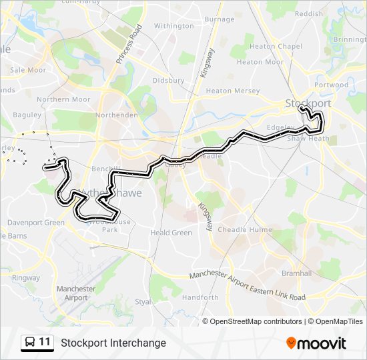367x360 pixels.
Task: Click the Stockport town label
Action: (x=308, y=103)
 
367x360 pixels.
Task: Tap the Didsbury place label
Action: (x=168, y=80)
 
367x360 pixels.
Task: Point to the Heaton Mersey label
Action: (x=232, y=91)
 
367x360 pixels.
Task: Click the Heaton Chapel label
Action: (x=276, y=47)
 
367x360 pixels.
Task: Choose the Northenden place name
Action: (x=116, y=115)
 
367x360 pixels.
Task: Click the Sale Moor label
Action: (x=28, y=69)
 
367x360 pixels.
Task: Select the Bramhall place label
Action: (x=296, y=273)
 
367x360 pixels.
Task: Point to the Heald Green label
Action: (x=171, y=233)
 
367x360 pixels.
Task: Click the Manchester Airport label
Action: (x=75, y=293)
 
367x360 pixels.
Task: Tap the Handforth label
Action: (x=200, y=297)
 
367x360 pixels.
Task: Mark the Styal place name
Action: (x=143, y=301)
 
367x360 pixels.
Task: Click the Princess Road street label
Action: (x=129, y=44)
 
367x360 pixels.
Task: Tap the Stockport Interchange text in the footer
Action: (x=113, y=343)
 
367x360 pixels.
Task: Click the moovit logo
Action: (x=316, y=343)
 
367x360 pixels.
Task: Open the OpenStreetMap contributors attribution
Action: (x=256, y=321)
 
